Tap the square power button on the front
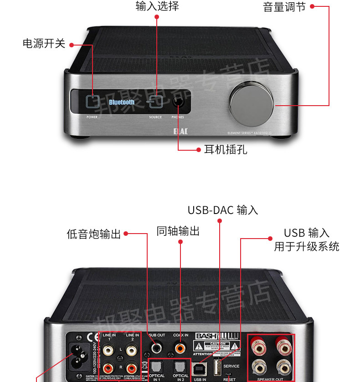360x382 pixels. [x=93, y=101]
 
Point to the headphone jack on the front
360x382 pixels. [x=178, y=102]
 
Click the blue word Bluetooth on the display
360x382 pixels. [x=122, y=102]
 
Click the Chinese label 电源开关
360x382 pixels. [x=44, y=44]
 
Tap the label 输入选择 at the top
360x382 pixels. [x=157, y=6]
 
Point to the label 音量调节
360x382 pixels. [x=284, y=7]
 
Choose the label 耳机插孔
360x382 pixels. [x=226, y=150]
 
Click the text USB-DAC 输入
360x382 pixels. [x=223, y=210]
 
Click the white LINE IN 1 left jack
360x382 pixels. [x=108, y=351]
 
